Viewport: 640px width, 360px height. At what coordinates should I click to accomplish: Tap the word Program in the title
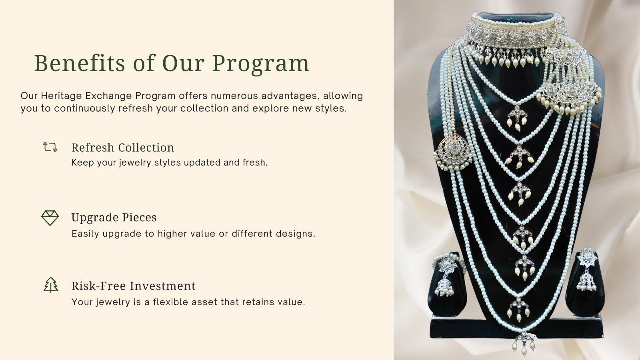(x=260, y=64)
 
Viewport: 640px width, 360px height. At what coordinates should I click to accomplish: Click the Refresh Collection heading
(x=122, y=148)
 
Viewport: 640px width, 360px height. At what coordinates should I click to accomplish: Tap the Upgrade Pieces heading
(x=114, y=218)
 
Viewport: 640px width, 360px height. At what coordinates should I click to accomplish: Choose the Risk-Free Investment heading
(x=134, y=286)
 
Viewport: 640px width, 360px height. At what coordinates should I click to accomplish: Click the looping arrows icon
(x=50, y=147)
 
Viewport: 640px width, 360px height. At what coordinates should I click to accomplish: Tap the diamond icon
(x=50, y=218)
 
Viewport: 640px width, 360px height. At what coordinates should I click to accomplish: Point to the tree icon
(x=50, y=285)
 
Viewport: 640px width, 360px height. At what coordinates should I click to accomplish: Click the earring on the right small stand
(x=586, y=270)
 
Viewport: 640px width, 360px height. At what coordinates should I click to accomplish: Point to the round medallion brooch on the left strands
(x=453, y=152)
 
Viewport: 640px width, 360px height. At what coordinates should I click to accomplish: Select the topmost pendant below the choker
(x=517, y=117)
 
